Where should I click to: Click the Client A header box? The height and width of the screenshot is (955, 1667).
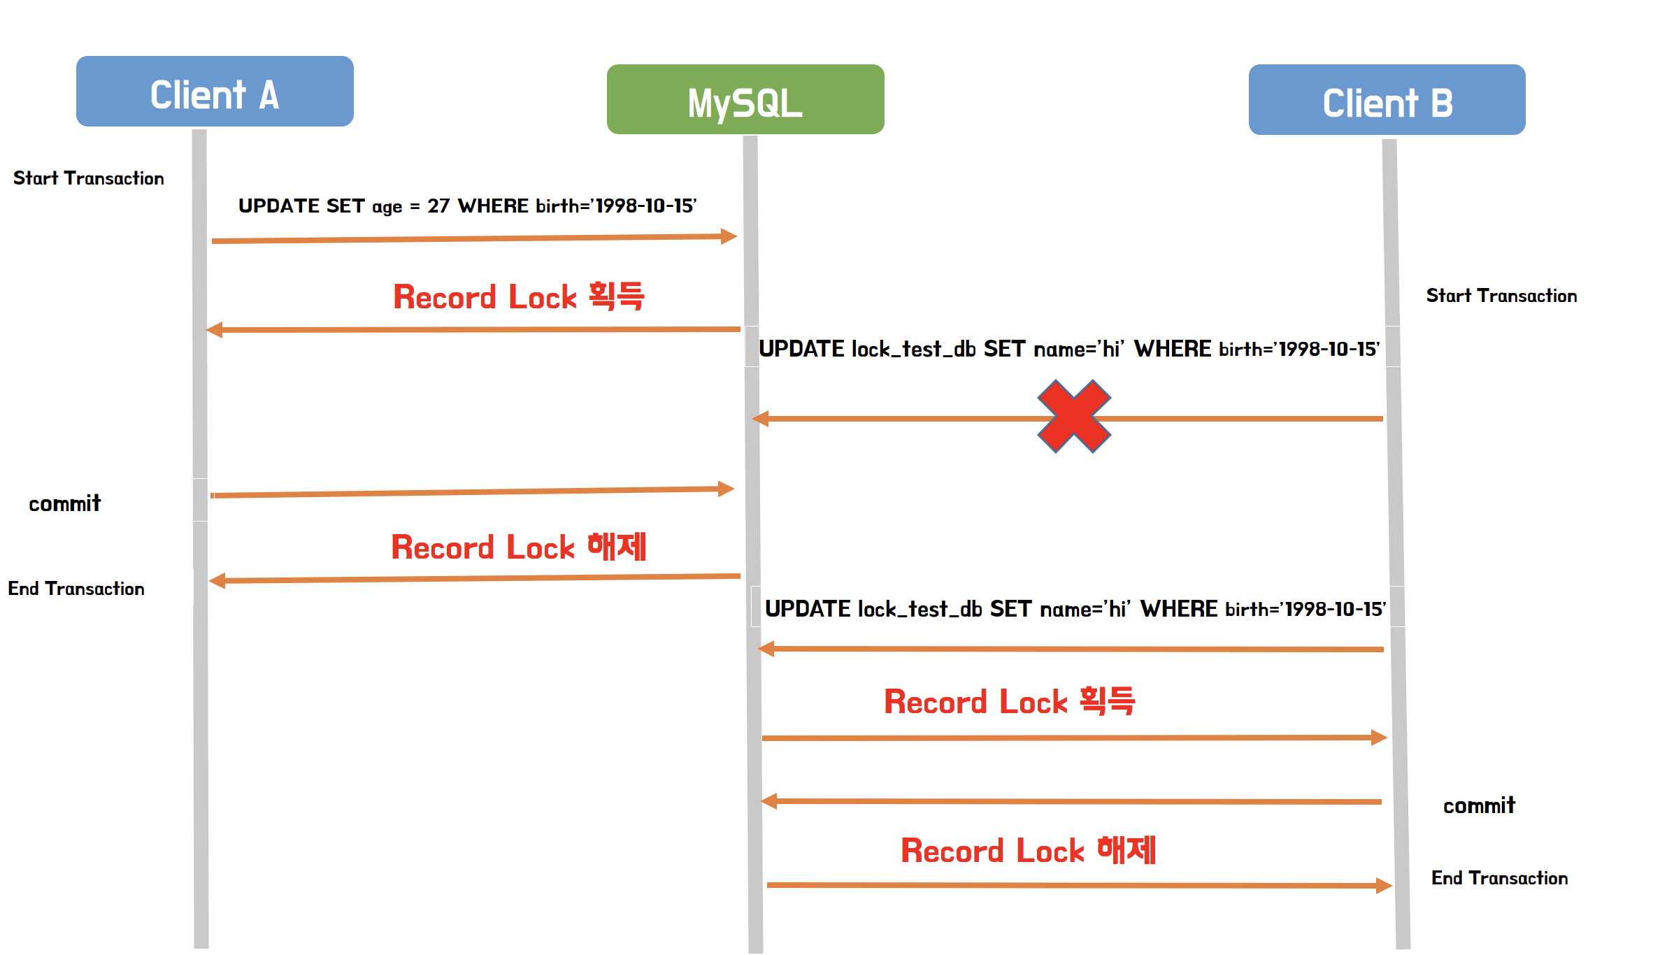[215, 92]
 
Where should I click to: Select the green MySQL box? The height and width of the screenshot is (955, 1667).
[745, 99]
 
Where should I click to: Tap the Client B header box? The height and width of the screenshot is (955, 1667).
[1387, 100]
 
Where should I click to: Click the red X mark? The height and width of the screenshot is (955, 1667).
[1074, 417]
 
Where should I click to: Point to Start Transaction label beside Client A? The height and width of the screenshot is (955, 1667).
[89, 178]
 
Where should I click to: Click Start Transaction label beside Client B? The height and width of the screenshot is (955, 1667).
[1501, 296]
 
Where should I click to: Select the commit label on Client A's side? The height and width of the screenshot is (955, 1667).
[65, 503]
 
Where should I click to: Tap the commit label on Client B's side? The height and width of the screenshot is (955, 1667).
[1479, 805]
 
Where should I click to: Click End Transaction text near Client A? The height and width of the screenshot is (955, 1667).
[76, 589]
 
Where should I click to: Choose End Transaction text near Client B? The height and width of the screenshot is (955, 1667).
[1499, 878]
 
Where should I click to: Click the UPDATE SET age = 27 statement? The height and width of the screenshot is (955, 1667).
[467, 206]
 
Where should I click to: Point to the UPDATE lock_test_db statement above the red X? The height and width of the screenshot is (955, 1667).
[1068, 348]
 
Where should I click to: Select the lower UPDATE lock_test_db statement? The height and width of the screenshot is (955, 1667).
[1075, 608]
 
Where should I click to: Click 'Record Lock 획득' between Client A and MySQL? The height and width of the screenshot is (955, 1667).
[518, 296]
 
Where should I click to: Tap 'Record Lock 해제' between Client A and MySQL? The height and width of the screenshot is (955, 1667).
[518, 547]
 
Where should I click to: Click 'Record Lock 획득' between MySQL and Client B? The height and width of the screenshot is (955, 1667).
[1009, 701]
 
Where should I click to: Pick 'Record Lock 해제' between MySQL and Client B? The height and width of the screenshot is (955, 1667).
[1028, 851]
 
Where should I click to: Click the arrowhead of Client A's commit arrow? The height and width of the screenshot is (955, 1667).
[727, 489]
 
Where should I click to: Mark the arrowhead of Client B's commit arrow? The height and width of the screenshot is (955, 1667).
[769, 800]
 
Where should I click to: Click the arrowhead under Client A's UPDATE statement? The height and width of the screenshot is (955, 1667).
[729, 236]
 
